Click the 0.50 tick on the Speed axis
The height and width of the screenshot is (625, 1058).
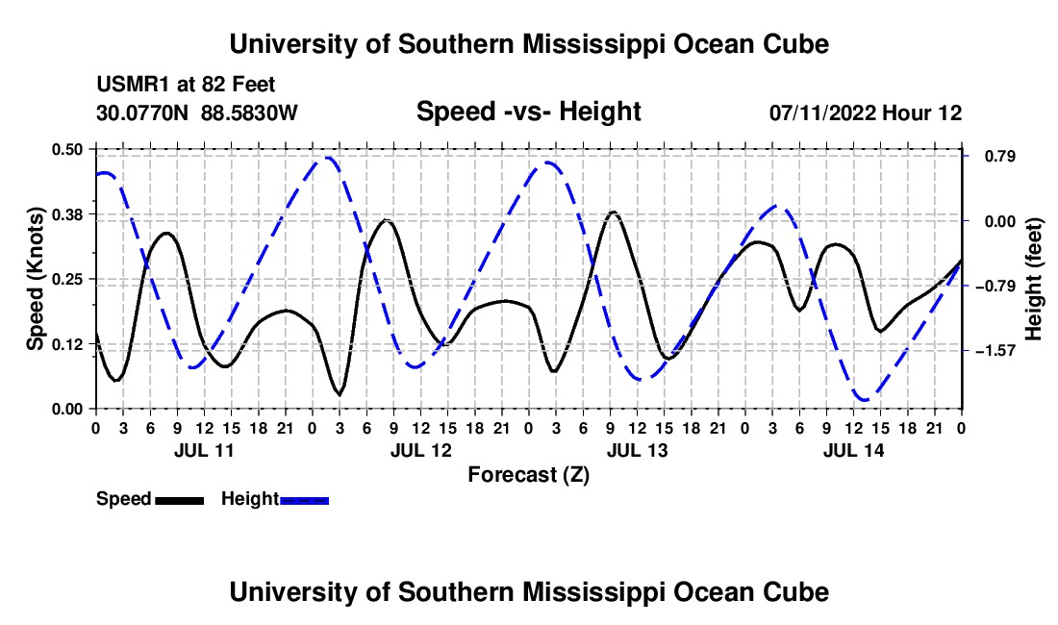[66, 149]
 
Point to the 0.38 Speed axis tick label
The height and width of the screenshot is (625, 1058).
[66, 214]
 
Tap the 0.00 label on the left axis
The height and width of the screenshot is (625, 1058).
[66, 410]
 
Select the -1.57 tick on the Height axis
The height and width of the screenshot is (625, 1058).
[995, 351]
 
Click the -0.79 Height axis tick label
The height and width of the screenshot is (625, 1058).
[995, 286]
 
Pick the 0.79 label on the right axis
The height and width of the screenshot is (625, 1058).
[999, 157]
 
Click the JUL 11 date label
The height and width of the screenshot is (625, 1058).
[204, 450]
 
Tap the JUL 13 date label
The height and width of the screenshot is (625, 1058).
[637, 450]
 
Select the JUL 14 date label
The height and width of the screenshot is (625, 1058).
[853, 450]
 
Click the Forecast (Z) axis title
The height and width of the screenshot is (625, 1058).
[529, 475]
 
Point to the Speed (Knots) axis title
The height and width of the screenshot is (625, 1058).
[35, 279]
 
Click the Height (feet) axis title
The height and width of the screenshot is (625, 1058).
[1034, 279]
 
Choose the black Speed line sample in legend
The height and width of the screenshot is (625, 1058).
[180, 501]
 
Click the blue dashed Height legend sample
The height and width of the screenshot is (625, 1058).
[304, 501]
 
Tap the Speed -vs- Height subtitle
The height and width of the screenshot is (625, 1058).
[528, 112]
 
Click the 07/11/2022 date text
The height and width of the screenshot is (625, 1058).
[823, 112]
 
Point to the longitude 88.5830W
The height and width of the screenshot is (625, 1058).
[249, 112]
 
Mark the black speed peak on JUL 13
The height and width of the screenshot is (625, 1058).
[613, 212]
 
